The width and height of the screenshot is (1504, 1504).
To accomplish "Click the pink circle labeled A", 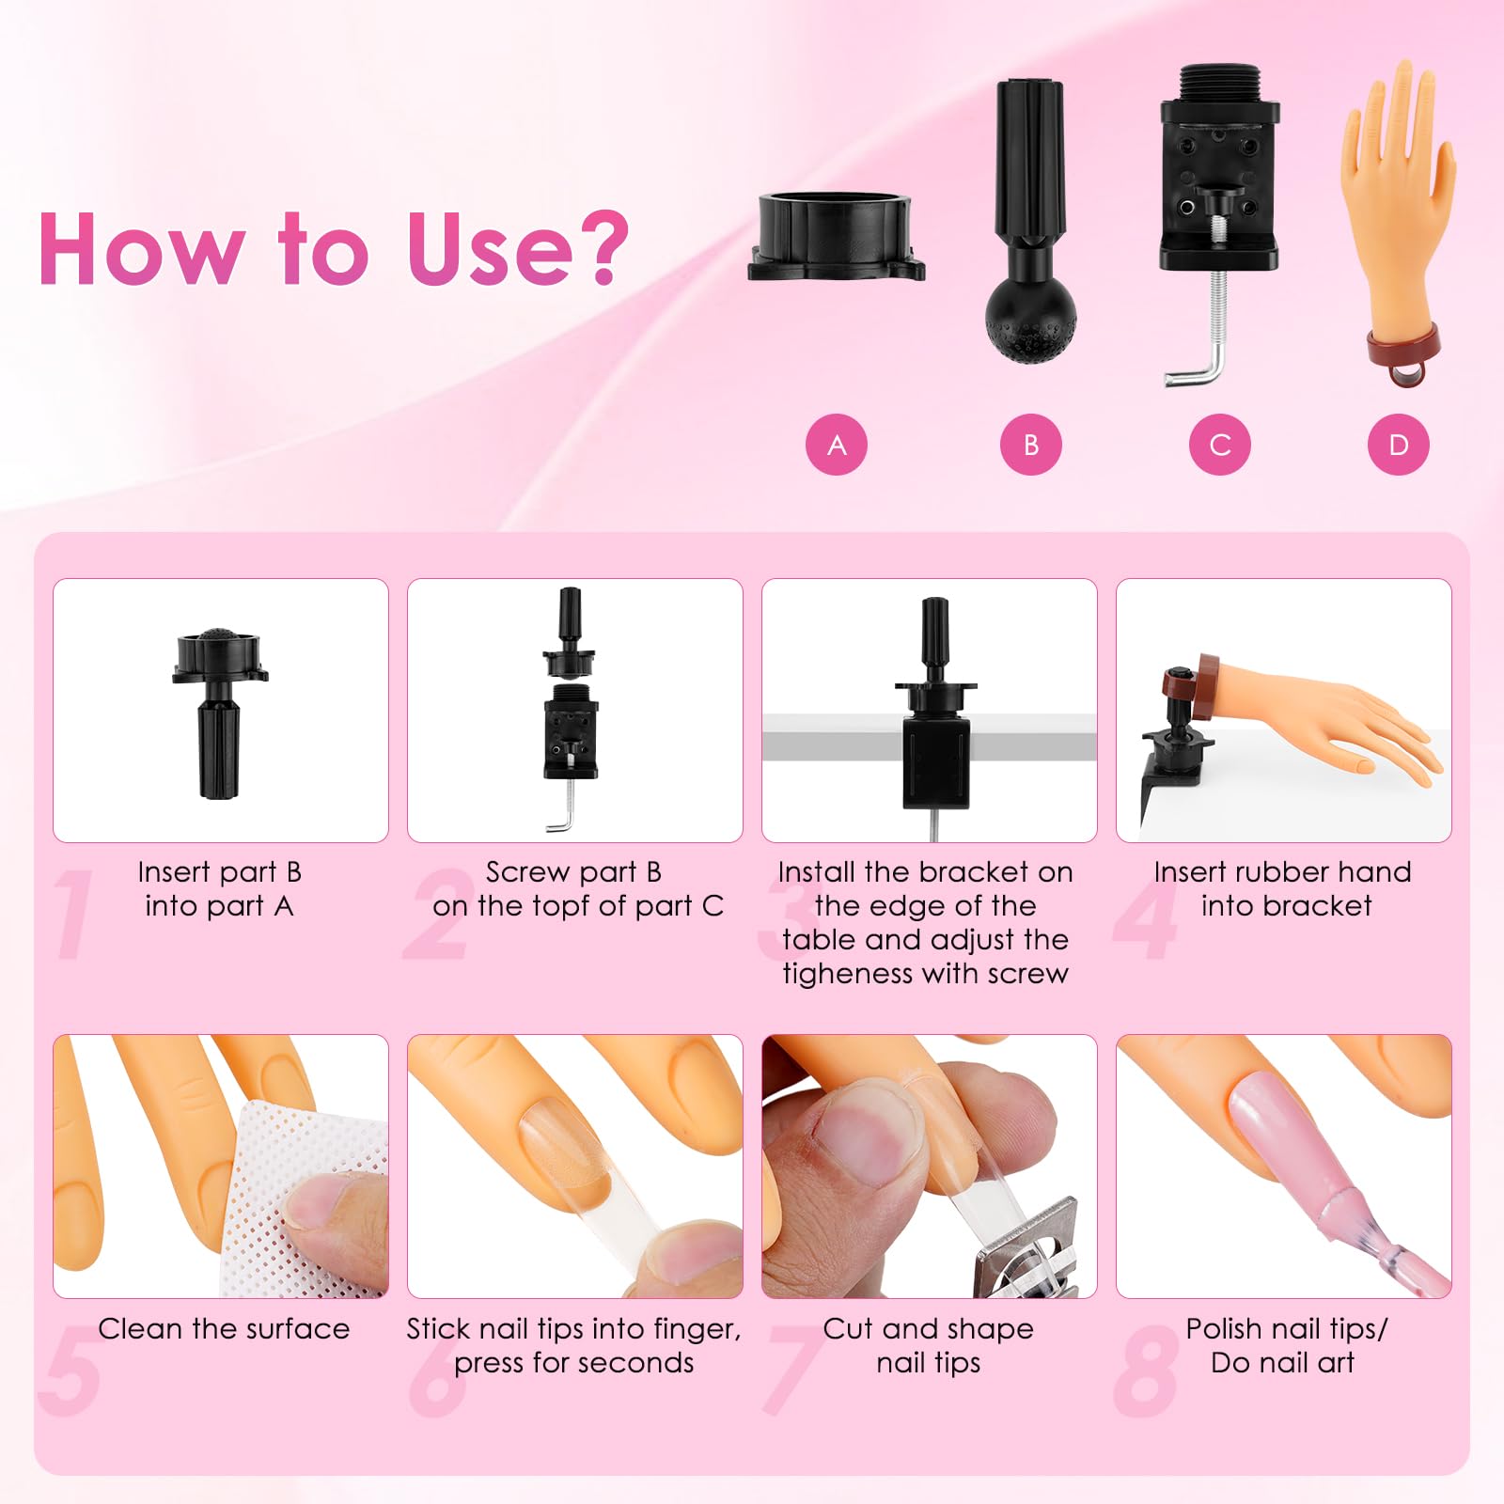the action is (x=836, y=445).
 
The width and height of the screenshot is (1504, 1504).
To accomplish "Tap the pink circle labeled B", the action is (x=1030, y=445).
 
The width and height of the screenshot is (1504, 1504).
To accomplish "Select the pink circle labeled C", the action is (x=1219, y=445).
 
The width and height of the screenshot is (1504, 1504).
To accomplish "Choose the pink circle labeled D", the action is (x=1399, y=445).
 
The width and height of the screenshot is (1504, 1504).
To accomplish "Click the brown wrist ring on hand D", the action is (x=1403, y=349).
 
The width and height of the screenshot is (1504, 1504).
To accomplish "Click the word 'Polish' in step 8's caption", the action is (x=1224, y=1329).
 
